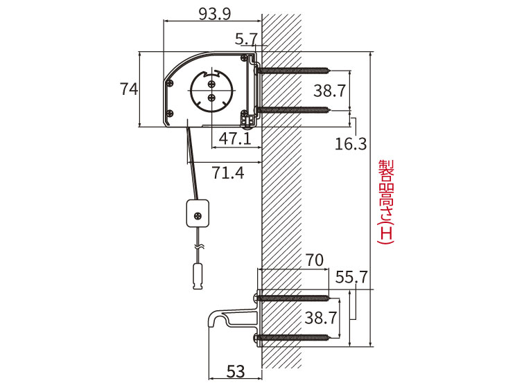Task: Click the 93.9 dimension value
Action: tap(215, 14)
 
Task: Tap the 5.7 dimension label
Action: tap(245, 39)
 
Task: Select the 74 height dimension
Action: tap(129, 89)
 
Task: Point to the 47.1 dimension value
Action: tap(235, 138)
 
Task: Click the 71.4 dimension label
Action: tap(228, 172)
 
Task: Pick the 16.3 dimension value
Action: tap(351, 144)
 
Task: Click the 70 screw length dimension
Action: tap(314, 260)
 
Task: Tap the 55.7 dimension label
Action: tap(351, 278)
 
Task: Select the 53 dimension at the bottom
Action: tap(236, 371)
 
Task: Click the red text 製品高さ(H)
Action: tap(385, 202)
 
